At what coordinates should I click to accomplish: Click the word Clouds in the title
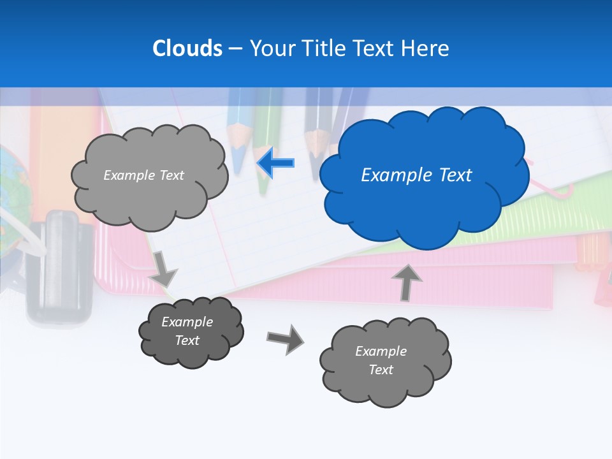[x=187, y=48]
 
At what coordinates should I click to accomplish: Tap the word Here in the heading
[x=425, y=48]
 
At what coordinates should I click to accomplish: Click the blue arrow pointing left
[x=275, y=163]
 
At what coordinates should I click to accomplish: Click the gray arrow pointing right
[x=285, y=339]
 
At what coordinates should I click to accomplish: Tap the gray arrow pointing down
[x=163, y=268]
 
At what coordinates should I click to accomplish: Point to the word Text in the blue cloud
[x=454, y=175]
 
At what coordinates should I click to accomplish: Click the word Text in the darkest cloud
[x=187, y=340]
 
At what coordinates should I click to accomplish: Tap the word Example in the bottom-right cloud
[x=381, y=351]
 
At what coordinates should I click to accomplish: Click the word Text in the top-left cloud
[x=170, y=175]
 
